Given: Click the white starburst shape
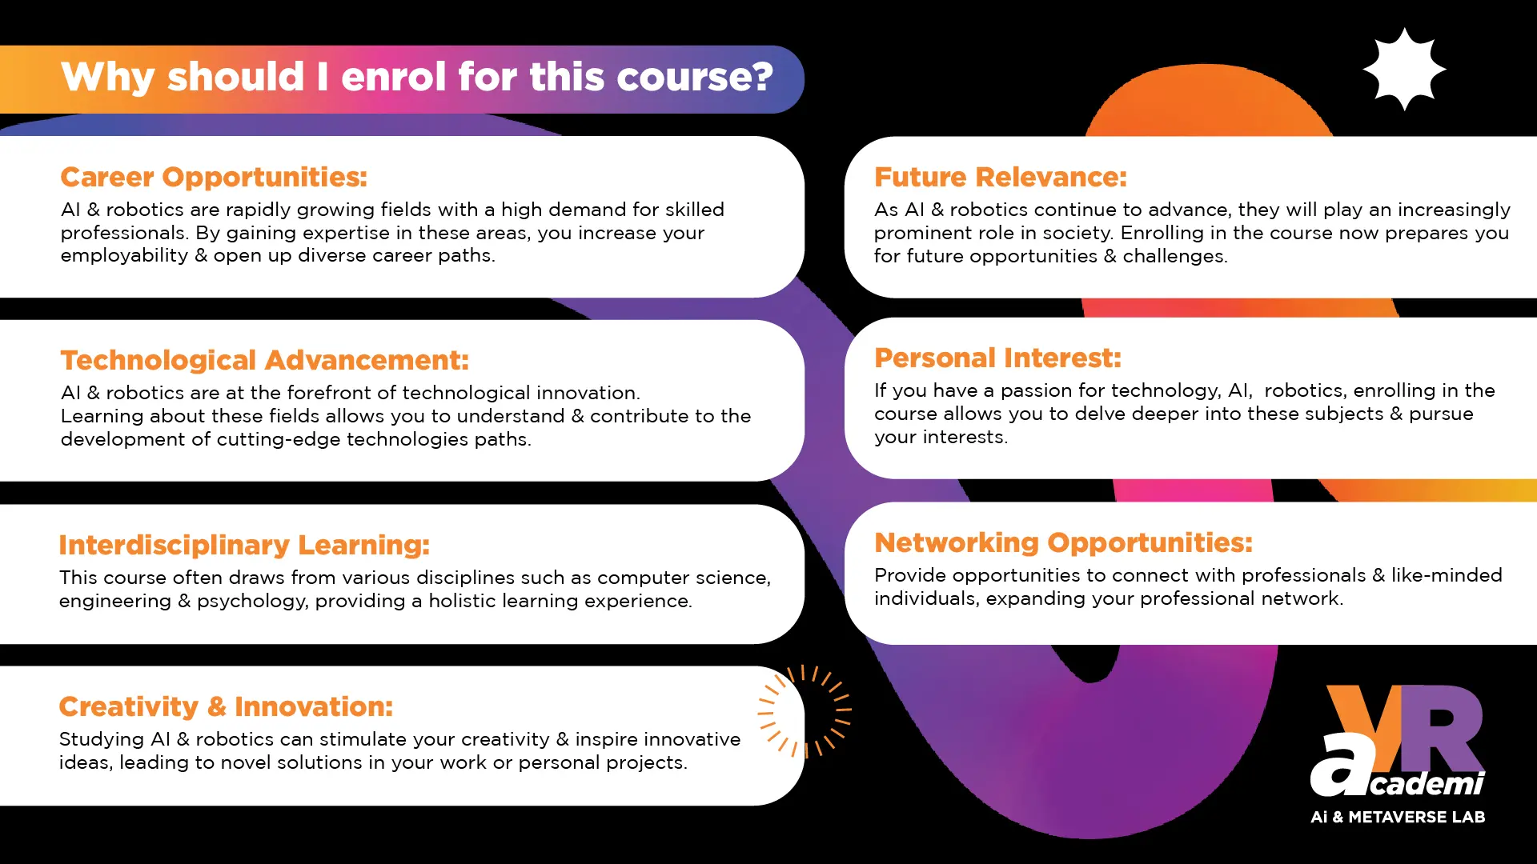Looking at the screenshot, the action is point(1404,70).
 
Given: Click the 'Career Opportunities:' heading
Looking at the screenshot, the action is point(214,177).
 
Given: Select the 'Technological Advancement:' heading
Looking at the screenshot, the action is point(264,360).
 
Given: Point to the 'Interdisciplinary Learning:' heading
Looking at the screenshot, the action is point(244,545).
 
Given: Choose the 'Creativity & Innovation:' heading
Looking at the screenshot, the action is point(226,706).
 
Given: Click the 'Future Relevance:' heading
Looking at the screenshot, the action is point(1000,177).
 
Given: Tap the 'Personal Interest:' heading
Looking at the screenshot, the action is point(997,358).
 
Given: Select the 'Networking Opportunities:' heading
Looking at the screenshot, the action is point(1063,542).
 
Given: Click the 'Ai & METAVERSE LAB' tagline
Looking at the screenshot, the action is point(1398,817).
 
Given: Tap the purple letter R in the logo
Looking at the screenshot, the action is point(1441,728).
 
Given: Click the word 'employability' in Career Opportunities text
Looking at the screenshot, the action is point(124,256).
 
